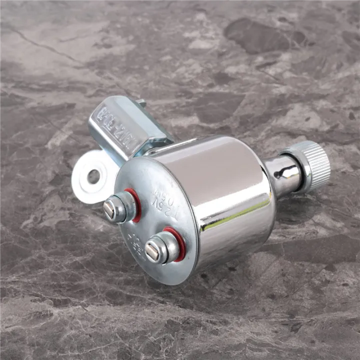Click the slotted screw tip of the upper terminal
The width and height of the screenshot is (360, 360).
pos(109,209)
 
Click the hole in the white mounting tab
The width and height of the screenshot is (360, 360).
pos(93,176)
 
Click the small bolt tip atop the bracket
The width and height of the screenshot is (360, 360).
pos(141,104)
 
